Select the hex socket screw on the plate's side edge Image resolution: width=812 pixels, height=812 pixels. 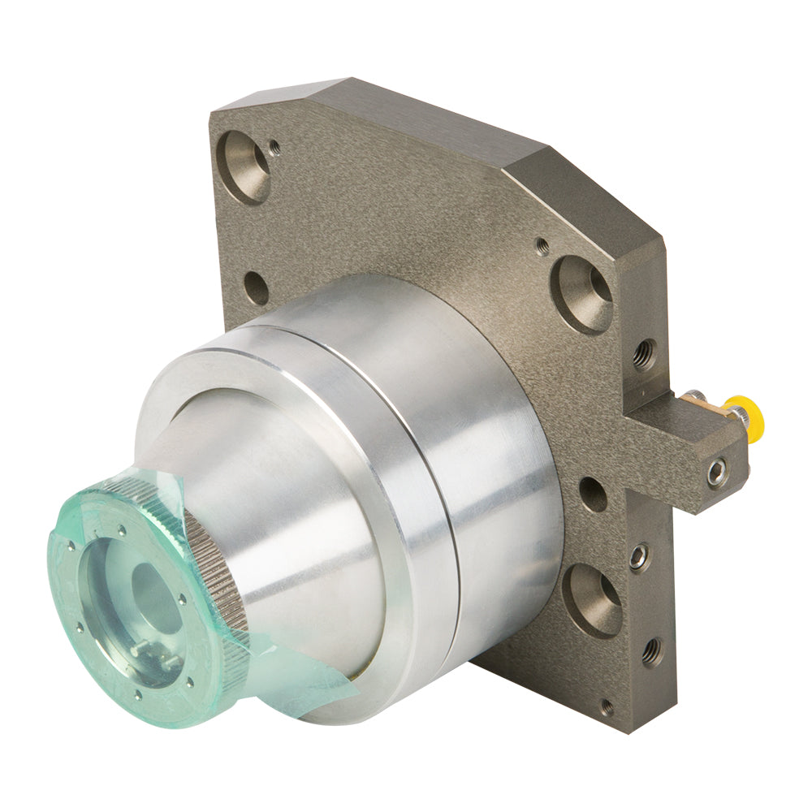(x=638, y=556)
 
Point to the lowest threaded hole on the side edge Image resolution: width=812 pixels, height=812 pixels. (x=651, y=652)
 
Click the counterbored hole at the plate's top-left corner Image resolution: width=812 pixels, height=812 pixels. (x=246, y=166)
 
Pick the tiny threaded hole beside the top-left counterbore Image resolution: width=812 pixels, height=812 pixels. (x=274, y=147)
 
